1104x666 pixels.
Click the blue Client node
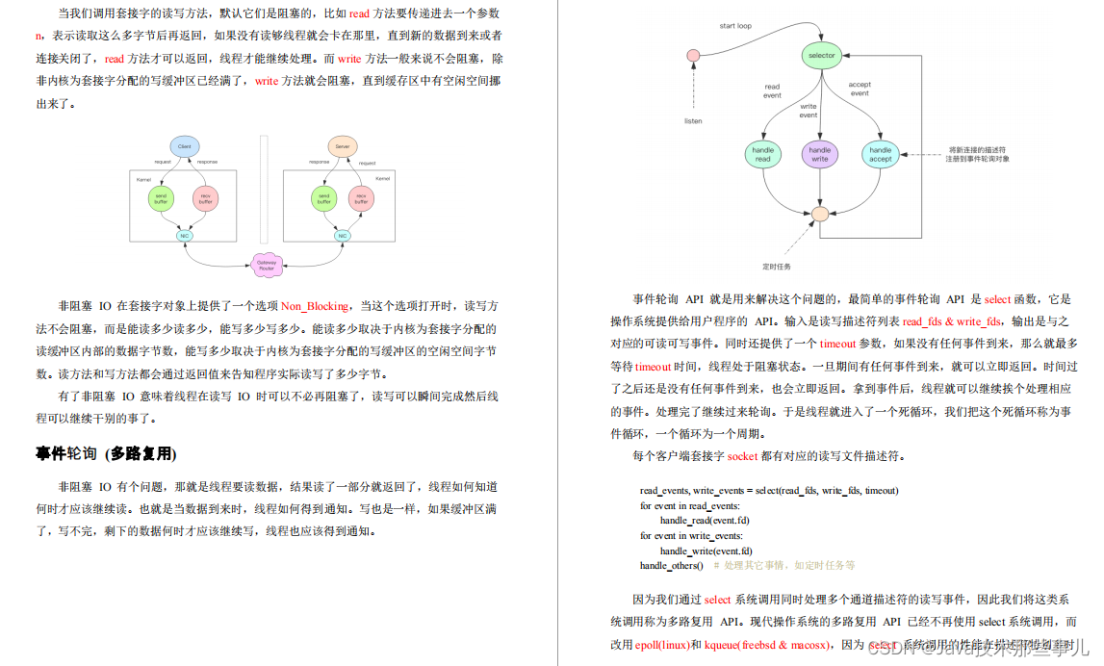pyautogui.click(x=184, y=146)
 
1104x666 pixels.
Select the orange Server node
pyautogui.click(x=342, y=146)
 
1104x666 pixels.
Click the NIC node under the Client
pyautogui.click(x=184, y=235)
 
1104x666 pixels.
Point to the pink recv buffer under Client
pyautogui.click(x=205, y=198)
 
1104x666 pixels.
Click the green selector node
pyautogui.click(x=821, y=56)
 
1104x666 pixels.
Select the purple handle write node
pyautogui.click(x=819, y=154)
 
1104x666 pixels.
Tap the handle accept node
pyautogui.click(x=880, y=154)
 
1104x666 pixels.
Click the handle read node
pyautogui.click(x=762, y=154)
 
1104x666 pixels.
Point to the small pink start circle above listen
pyautogui.click(x=692, y=56)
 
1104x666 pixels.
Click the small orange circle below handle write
pyautogui.click(x=820, y=214)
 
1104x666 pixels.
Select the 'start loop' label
pyautogui.click(x=735, y=26)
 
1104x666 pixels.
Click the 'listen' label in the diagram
pyautogui.click(x=693, y=121)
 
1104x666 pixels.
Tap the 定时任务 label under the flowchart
pyautogui.click(x=777, y=266)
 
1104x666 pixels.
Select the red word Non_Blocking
pyautogui.click(x=315, y=306)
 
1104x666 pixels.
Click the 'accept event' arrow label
pyautogui.click(x=860, y=89)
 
